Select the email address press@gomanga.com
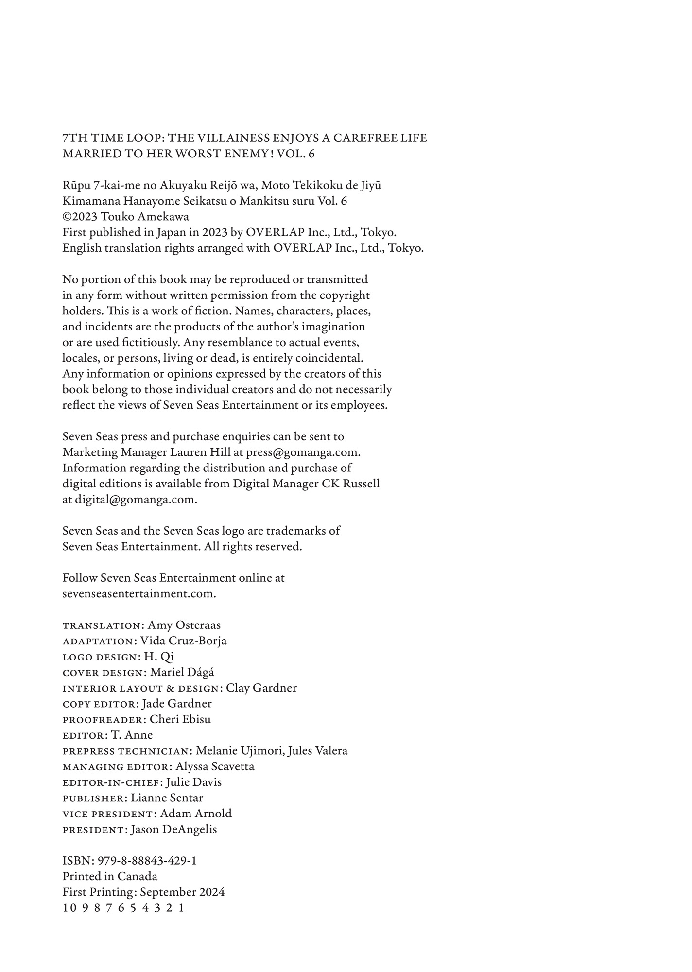(302, 452)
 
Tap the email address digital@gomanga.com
(135, 499)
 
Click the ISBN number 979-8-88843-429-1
(147, 861)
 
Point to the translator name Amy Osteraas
(184, 625)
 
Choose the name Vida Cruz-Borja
(183, 641)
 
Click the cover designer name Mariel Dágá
(182, 672)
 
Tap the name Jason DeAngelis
(174, 830)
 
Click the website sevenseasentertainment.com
(139, 593)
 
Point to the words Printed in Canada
(110, 876)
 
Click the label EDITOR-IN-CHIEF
(112, 782)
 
